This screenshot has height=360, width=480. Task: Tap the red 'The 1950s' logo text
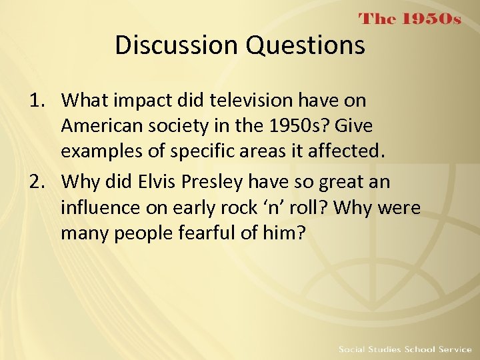[410, 19]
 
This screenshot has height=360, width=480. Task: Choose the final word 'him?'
[287, 233]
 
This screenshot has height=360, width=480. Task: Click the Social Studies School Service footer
[405, 349]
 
